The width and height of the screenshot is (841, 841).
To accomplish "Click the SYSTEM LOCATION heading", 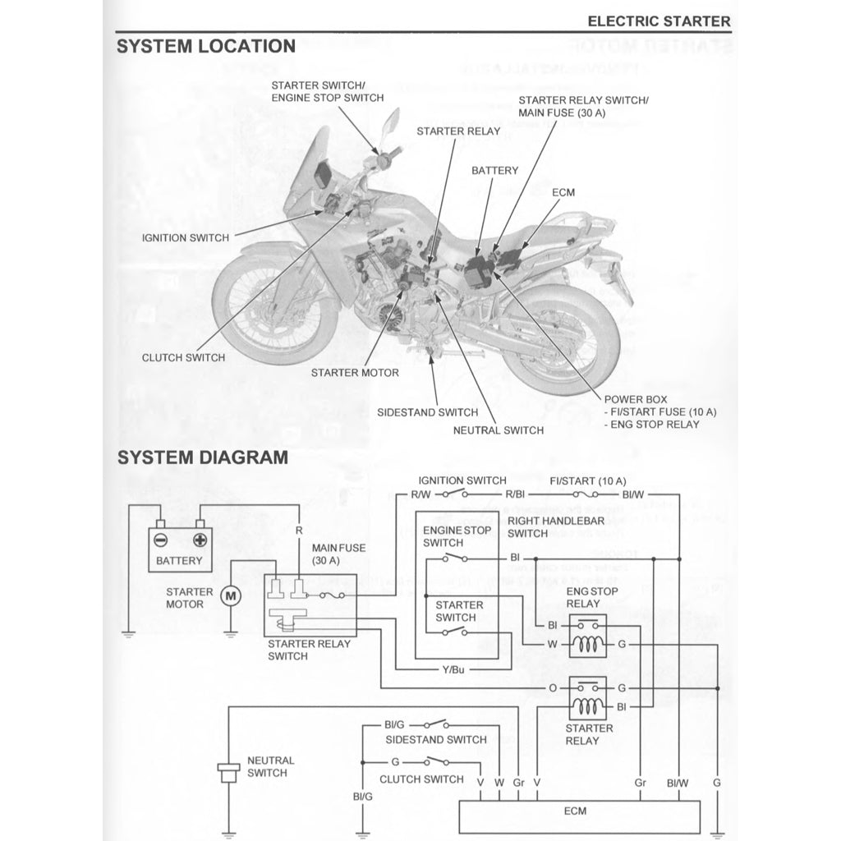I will pyautogui.click(x=205, y=46).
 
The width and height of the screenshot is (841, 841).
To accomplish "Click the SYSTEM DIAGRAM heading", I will pyautogui.click(x=202, y=457).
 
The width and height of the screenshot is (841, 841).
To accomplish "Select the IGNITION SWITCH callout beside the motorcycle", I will pyautogui.click(x=186, y=238).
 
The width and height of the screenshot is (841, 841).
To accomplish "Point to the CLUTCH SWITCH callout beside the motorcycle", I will pyautogui.click(x=183, y=358).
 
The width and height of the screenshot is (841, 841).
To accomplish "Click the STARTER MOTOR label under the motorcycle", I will pyautogui.click(x=355, y=373).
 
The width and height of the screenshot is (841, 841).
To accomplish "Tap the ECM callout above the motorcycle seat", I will pyautogui.click(x=563, y=192).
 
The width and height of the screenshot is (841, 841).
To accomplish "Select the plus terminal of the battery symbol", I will pyautogui.click(x=199, y=540).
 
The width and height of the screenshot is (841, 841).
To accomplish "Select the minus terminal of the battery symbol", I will pyautogui.click(x=162, y=540).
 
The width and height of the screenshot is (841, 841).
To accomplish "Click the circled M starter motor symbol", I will pyautogui.click(x=231, y=594).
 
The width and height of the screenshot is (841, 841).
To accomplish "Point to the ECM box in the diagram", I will pyautogui.click(x=575, y=811).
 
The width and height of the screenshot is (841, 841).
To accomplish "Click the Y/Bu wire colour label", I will pyautogui.click(x=453, y=669).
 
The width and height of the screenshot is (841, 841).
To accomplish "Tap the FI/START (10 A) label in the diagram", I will pyautogui.click(x=588, y=480).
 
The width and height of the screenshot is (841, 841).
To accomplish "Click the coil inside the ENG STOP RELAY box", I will pyautogui.click(x=587, y=645).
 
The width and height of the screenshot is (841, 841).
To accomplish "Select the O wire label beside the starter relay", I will pyautogui.click(x=553, y=687).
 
